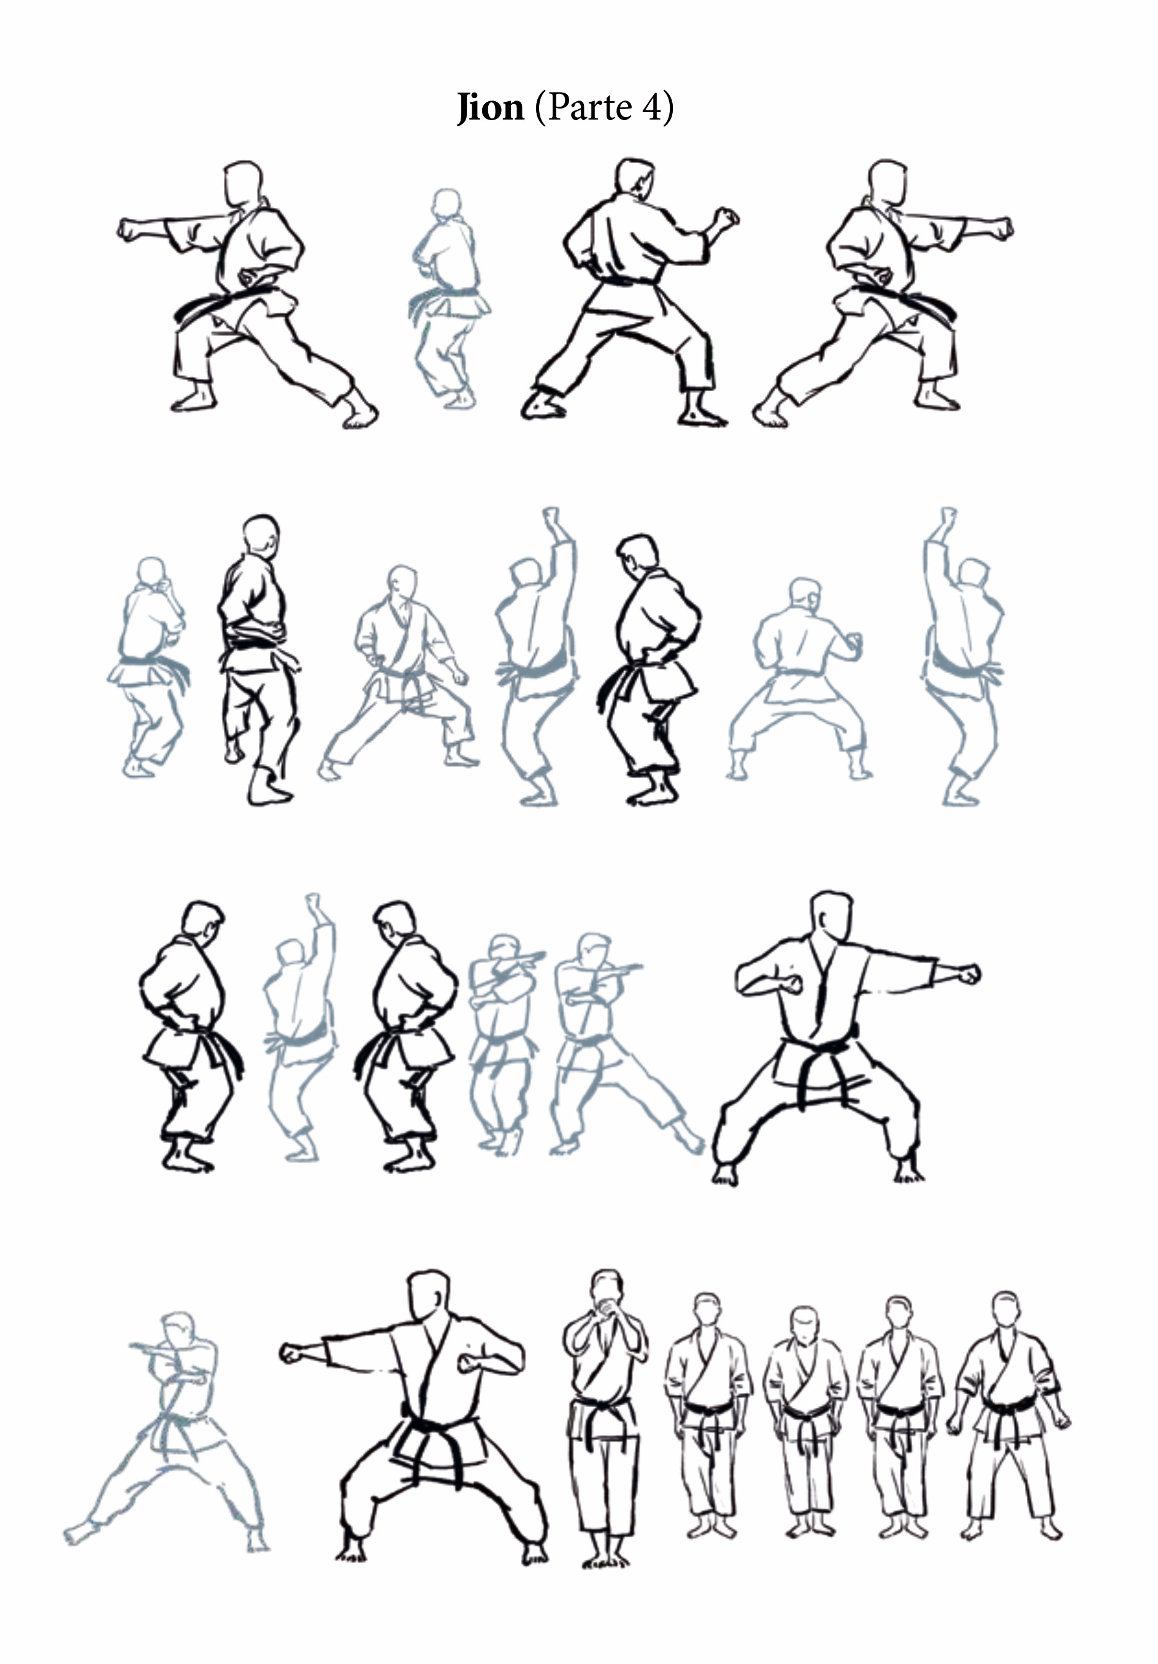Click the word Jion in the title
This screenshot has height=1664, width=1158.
coord(489,109)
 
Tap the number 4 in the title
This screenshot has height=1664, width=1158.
coord(650,107)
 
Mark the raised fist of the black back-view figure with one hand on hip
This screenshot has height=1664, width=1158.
coord(725,218)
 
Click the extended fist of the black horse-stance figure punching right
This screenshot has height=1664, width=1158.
coord(967,974)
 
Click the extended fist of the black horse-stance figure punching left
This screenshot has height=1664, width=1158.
coord(293,1352)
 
